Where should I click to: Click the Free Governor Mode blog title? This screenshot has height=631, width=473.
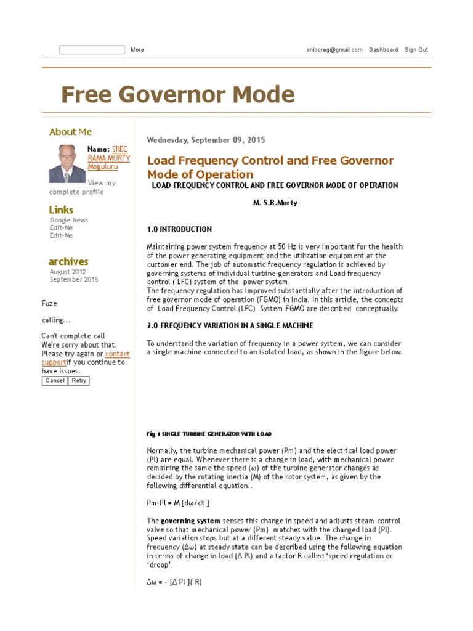click(x=178, y=95)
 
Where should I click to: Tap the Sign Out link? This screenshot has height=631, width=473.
click(x=416, y=50)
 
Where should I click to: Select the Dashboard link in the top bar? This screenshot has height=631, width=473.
click(x=383, y=50)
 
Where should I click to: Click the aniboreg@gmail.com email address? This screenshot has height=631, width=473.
click(x=334, y=50)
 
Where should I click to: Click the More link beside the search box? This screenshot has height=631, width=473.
click(x=137, y=50)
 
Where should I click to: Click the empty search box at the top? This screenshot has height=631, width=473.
click(x=92, y=50)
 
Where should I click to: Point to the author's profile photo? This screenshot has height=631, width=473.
click(x=68, y=163)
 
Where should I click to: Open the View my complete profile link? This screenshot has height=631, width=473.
click(x=83, y=187)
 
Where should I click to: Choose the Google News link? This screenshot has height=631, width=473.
click(x=69, y=220)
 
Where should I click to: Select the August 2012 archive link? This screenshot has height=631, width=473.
click(x=68, y=272)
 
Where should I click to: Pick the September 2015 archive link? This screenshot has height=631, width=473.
click(x=74, y=280)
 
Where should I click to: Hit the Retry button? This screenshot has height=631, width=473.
click(x=79, y=381)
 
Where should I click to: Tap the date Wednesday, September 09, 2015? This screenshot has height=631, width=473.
click(x=206, y=140)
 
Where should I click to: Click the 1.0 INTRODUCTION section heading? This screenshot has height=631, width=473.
click(x=179, y=230)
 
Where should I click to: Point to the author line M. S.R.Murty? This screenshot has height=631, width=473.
click(x=275, y=203)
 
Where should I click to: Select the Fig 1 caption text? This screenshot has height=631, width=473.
click(x=209, y=434)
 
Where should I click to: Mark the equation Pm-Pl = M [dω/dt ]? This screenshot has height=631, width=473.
click(x=178, y=503)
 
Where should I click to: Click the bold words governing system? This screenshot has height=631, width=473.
click(x=190, y=521)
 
